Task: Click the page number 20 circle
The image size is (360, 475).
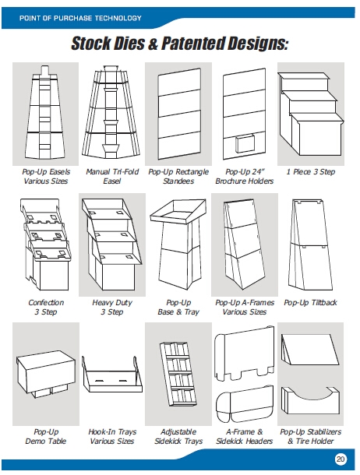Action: click(x=341, y=459)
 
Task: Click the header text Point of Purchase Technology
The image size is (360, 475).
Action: click(x=80, y=18)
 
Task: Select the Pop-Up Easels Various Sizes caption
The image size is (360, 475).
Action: click(x=46, y=176)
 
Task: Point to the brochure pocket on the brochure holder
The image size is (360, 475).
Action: click(x=245, y=143)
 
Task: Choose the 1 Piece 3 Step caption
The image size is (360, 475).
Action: click(x=311, y=172)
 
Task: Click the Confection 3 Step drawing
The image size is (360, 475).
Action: click(x=45, y=245)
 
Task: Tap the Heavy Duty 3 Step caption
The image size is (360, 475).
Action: click(x=112, y=307)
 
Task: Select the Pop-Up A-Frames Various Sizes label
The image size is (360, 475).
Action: click(x=245, y=307)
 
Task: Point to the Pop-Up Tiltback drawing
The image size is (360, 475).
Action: click(x=310, y=245)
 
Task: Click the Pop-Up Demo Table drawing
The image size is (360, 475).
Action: click(x=45, y=374)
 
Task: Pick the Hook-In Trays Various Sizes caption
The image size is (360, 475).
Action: click(x=112, y=436)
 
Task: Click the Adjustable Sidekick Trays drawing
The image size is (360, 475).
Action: click(x=178, y=375)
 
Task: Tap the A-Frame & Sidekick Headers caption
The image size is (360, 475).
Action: click(x=244, y=436)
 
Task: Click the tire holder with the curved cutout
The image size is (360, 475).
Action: click(x=311, y=400)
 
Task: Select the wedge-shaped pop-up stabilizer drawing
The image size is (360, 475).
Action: click(x=310, y=350)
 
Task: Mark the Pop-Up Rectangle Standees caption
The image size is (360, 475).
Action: click(x=178, y=176)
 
